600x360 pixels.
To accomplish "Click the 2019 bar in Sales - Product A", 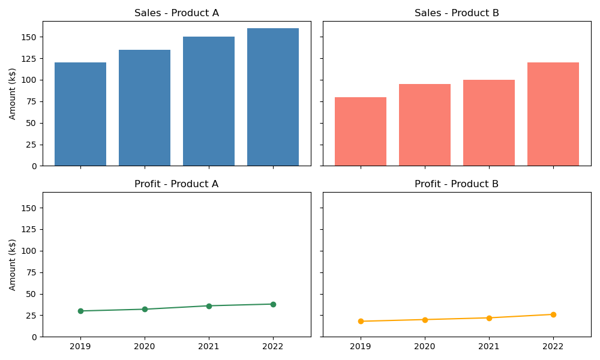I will click(80, 114).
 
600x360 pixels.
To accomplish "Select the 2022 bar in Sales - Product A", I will click(273, 97).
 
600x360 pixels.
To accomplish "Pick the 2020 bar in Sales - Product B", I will click(425, 125).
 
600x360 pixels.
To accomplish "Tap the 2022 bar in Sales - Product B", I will click(553, 114).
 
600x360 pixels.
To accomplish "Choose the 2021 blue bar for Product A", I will click(209, 101).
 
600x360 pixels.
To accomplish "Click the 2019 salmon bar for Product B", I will click(361, 131).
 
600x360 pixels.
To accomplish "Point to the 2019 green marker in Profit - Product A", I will click(80, 311).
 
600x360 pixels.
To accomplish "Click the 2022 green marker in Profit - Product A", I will click(273, 304).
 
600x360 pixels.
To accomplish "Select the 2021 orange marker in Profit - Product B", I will click(489, 318).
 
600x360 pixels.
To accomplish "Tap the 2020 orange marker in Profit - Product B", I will click(425, 320).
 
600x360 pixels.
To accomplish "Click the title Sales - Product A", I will click(176, 13).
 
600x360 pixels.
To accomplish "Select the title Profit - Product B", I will click(457, 184).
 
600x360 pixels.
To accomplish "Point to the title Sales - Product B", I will click(457, 13).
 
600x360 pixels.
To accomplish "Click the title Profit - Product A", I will click(176, 184).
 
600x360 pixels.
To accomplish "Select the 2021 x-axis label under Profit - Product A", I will click(209, 346).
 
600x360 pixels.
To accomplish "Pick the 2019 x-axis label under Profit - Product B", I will click(361, 346).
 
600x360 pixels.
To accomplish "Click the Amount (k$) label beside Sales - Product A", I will click(13, 94).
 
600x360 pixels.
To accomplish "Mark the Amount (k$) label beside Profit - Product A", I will click(13, 265).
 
